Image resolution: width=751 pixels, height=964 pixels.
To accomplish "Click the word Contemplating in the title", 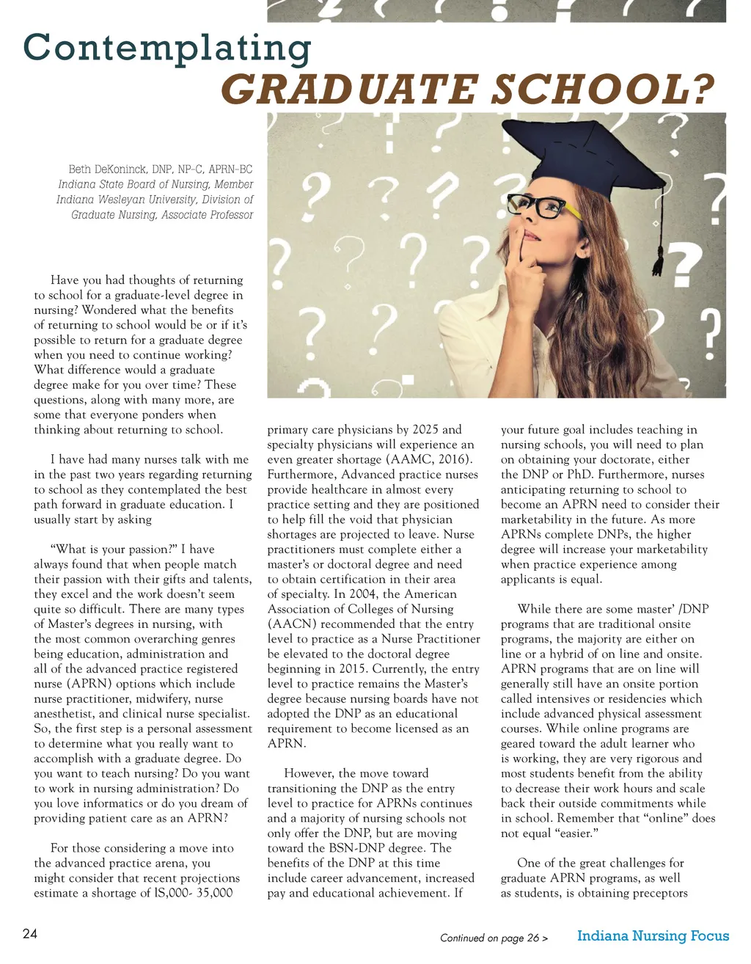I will click(167, 48).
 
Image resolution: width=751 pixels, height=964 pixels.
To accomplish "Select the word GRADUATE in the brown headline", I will click(349, 91).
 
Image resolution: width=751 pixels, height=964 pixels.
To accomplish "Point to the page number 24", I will click(30, 934).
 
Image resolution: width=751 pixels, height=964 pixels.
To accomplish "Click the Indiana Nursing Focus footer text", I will click(653, 935).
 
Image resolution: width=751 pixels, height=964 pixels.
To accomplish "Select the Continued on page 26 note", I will click(494, 938).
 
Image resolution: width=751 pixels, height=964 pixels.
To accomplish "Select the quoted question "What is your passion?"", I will click(114, 549).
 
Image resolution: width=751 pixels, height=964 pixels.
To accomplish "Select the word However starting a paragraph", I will click(308, 773).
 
